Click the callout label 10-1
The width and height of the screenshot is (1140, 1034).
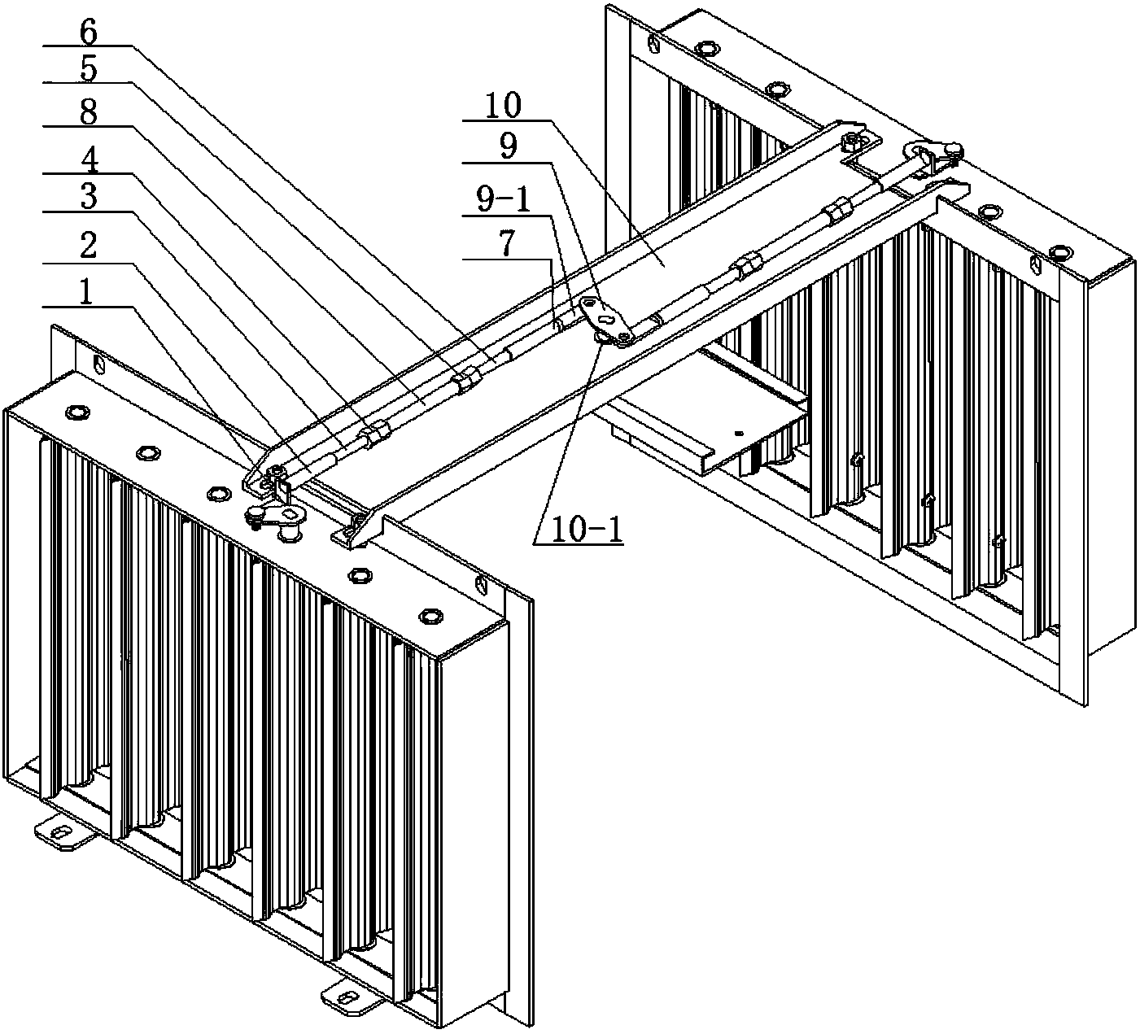coord(579,530)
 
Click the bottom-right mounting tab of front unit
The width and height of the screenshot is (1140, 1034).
coord(346,997)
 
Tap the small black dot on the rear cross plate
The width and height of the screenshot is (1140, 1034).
coord(739,434)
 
